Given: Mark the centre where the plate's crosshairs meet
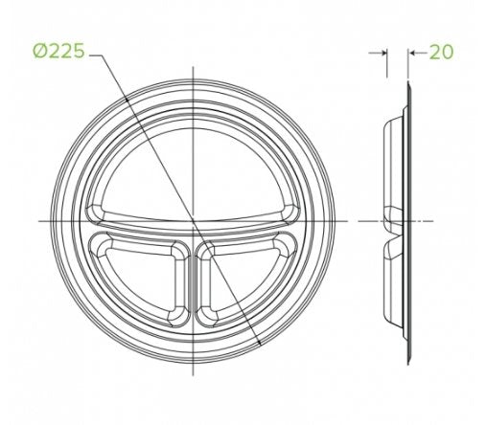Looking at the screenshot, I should (x=194, y=221).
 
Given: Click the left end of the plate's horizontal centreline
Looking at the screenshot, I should (x=38, y=221).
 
